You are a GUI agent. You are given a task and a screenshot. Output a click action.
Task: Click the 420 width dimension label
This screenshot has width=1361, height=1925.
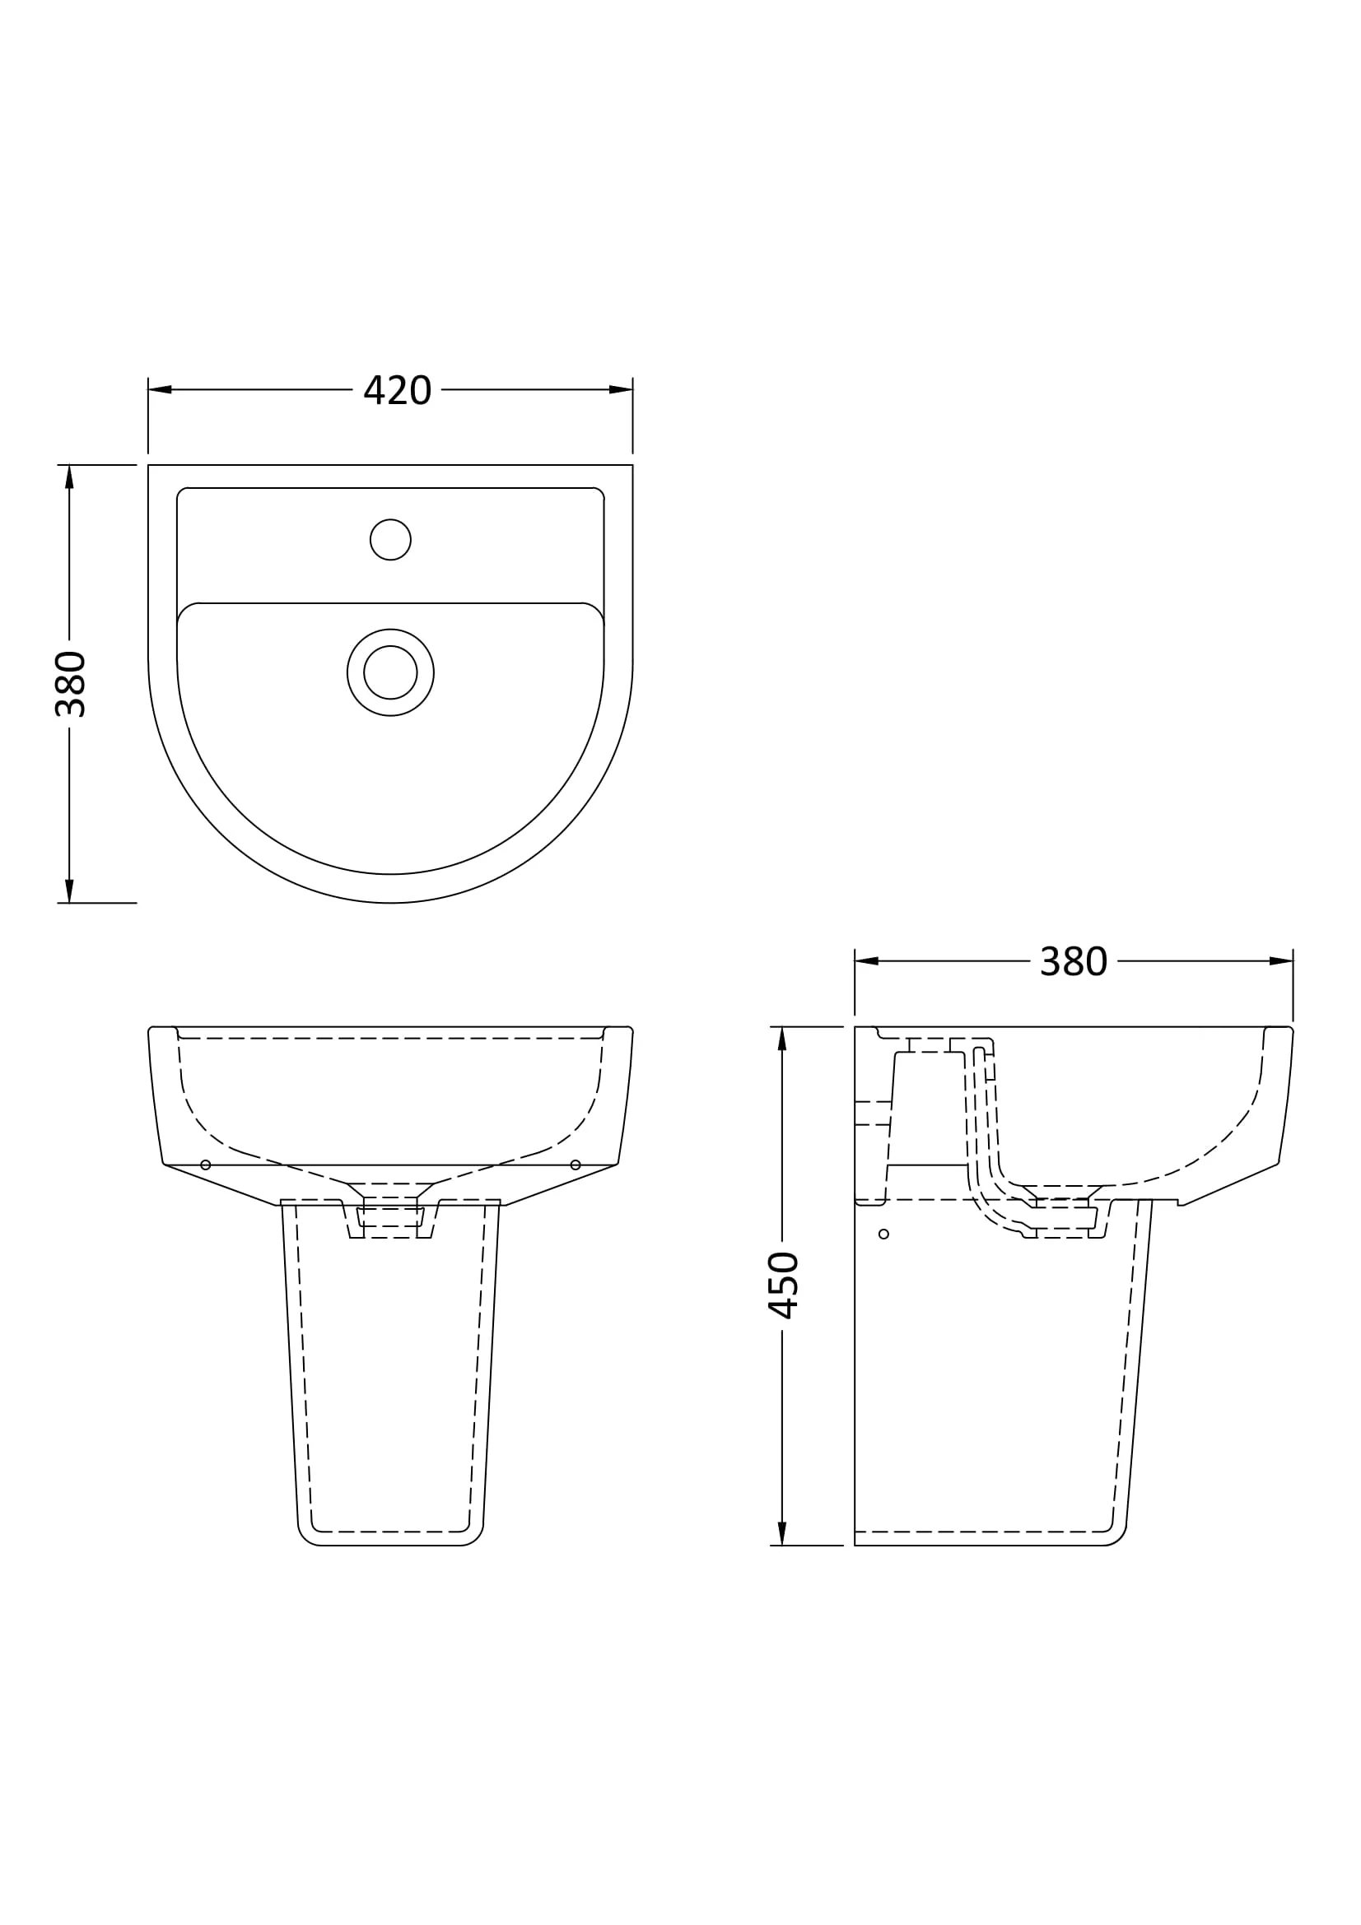tap(397, 391)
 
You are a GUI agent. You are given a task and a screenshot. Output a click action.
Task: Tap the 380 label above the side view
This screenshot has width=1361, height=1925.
tap(1073, 961)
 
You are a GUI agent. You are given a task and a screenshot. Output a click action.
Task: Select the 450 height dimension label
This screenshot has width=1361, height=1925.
tap(783, 1286)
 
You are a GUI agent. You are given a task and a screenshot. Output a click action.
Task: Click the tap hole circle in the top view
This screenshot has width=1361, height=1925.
tap(390, 539)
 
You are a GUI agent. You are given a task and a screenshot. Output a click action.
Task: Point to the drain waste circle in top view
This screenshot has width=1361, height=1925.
tap(390, 672)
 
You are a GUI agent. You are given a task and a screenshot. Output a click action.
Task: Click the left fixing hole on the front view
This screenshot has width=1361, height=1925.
tap(206, 1165)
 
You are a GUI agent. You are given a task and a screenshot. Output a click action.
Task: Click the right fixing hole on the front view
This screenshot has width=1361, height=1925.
tap(576, 1165)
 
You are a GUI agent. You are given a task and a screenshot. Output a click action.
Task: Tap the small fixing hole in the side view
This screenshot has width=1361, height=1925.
tap(883, 1235)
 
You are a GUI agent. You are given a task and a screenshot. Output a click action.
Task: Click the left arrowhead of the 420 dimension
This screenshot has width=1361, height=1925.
tap(160, 390)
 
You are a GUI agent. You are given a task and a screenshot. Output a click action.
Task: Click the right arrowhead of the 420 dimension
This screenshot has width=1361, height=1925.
tap(622, 390)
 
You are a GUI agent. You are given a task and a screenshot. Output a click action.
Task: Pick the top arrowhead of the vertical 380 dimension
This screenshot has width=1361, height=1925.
tap(70, 477)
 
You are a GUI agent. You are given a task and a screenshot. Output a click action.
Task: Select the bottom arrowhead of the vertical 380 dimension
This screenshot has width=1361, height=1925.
tap(70, 891)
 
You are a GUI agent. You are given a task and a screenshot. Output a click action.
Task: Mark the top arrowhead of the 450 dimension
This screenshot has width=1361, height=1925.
tap(781, 1038)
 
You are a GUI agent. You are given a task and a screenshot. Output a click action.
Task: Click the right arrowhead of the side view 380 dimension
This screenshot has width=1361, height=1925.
tap(1281, 960)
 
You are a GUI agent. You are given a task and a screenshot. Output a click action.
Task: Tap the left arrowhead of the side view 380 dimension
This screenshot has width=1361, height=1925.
tap(866, 960)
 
